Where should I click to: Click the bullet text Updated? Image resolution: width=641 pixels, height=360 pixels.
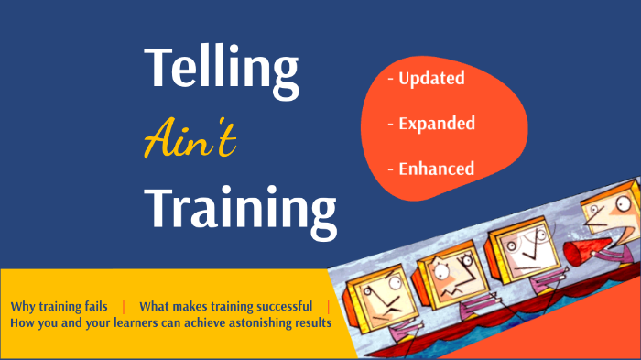pos(430,79)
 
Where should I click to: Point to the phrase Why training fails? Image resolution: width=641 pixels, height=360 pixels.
pos(60,306)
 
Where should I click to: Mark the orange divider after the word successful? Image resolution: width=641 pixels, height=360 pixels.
pos(328,306)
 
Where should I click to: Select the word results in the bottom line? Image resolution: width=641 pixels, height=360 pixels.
pos(309,323)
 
